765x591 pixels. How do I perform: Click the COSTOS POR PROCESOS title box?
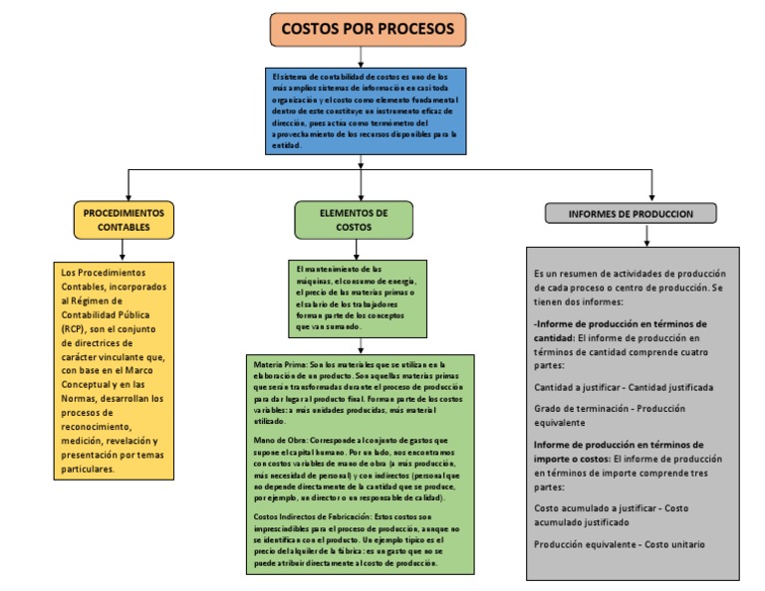click(x=367, y=30)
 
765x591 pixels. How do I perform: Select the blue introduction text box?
click(x=367, y=109)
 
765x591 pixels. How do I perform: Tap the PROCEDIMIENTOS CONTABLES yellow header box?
click(x=124, y=220)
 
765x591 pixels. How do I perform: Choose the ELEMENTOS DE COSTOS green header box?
click(x=353, y=220)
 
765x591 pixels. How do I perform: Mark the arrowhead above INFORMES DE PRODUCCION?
click(x=651, y=194)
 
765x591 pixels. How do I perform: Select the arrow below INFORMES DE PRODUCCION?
click(x=646, y=236)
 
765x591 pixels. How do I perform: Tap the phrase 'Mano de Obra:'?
click(x=278, y=440)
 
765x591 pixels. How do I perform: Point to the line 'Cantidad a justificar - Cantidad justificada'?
click(x=624, y=387)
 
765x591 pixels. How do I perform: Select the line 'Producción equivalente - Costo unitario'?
click(x=619, y=544)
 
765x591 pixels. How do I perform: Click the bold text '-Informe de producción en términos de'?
click(x=621, y=323)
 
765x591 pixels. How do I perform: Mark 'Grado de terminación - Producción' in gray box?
click(x=611, y=407)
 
